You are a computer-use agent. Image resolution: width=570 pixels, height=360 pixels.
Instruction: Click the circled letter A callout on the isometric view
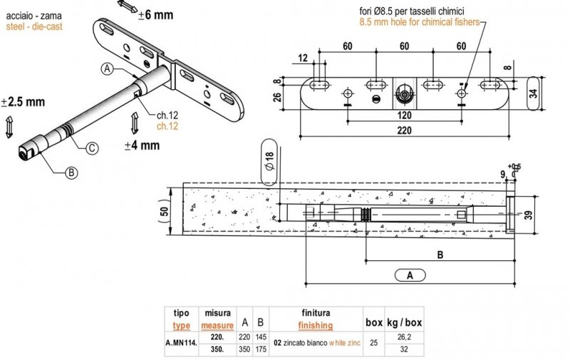point(107,68)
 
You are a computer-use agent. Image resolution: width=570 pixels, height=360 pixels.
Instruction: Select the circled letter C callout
point(92,148)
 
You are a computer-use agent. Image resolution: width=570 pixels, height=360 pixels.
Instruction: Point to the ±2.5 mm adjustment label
point(23,102)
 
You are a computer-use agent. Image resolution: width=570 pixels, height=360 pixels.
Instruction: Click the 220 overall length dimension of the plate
point(404,130)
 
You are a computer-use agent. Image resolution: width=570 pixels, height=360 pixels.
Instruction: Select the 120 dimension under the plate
point(404,114)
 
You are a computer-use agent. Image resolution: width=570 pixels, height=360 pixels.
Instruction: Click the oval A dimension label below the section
point(410,274)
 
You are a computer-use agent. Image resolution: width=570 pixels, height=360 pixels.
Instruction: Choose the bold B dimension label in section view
point(440,253)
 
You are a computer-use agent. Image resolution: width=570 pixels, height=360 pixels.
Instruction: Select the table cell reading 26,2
point(403,338)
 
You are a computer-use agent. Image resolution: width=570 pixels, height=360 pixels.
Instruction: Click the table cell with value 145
point(261,338)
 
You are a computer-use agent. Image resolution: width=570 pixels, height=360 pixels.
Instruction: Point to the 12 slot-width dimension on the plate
point(304,58)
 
